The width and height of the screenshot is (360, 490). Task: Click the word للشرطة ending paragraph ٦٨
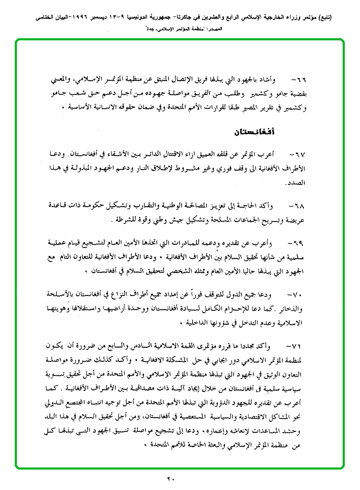click(124, 220)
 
